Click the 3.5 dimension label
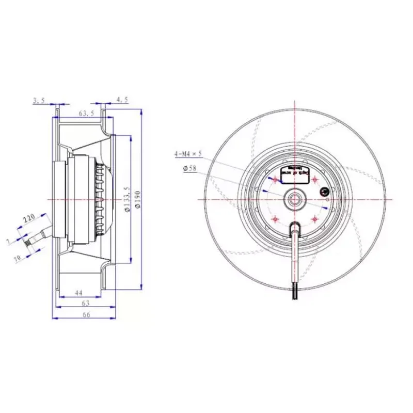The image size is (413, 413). coord(39,100)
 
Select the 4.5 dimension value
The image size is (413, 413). coord(122,100)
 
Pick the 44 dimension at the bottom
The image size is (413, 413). coord(78,293)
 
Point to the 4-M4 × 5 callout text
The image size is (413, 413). coord(187,154)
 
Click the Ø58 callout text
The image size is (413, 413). coord(190,168)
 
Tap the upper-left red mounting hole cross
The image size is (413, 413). coord(275,180)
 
